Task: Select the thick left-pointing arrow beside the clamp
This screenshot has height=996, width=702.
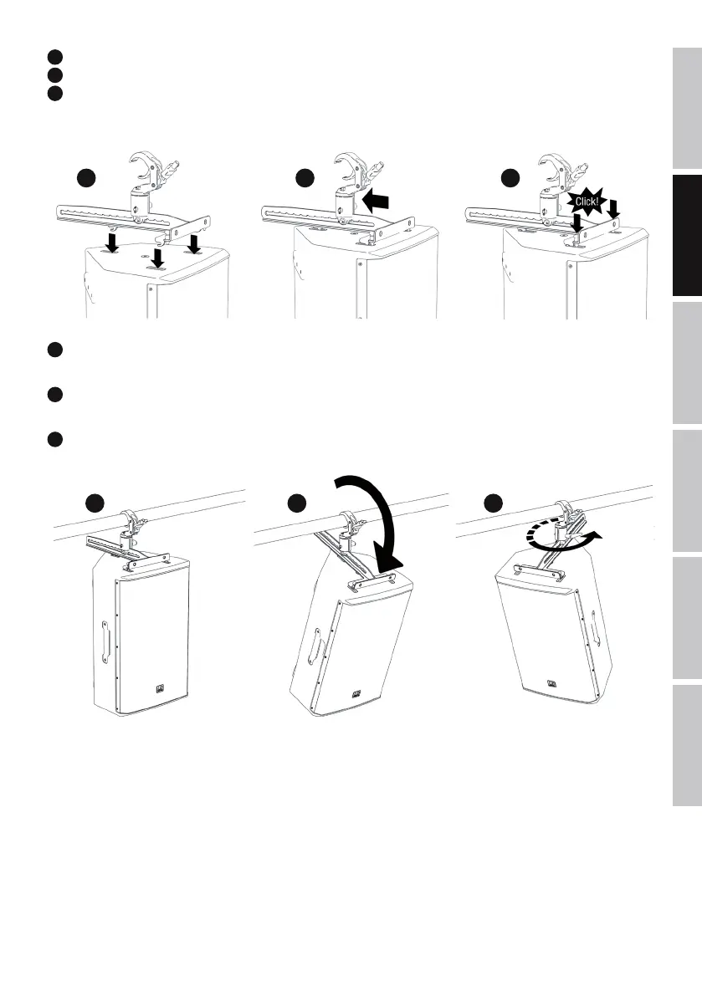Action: [x=377, y=201]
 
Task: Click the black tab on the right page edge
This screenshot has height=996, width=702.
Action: [x=686, y=237]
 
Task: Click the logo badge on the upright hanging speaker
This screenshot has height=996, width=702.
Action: [x=158, y=690]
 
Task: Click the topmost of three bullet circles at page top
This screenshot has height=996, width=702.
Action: [x=53, y=57]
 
